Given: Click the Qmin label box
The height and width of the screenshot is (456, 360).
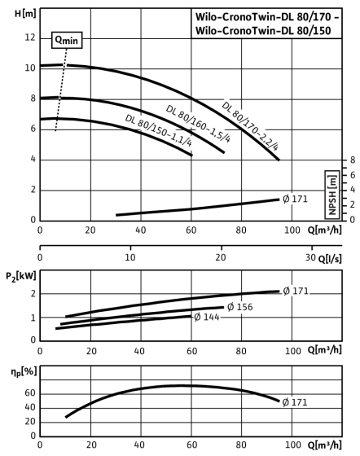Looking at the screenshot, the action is click(x=67, y=40).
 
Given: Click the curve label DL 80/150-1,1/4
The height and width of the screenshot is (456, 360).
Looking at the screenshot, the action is click(x=159, y=131).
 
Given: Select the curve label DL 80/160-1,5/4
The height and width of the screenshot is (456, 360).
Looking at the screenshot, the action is click(x=198, y=124).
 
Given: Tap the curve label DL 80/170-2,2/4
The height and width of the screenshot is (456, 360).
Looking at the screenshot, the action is click(x=250, y=126).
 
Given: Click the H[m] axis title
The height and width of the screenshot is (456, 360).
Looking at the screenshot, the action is click(x=25, y=14).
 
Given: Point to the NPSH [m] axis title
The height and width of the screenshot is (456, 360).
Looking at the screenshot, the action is click(x=332, y=195).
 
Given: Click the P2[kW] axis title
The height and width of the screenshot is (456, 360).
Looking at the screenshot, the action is click(x=21, y=276).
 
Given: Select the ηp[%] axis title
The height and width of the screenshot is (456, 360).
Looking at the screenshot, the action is click(x=24, y=372).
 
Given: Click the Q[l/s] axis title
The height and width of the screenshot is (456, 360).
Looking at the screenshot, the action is click(x=330, y=259).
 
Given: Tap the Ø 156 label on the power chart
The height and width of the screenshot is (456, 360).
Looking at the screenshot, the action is click(x=240, y=307).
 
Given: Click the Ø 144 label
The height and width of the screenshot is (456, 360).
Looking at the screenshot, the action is click(x=206, y=317).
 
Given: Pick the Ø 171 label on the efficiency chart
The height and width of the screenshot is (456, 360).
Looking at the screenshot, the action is click(x=295, y=402).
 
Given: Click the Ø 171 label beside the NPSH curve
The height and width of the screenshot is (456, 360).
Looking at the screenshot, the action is click(x=295, y=199).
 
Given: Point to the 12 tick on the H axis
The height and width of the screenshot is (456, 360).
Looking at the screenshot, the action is click(x=30, y=37).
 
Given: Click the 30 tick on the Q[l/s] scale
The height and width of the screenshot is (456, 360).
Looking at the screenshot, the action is click(x=310, y=257).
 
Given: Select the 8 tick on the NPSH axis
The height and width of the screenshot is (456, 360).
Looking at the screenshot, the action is click(x=353, y=160).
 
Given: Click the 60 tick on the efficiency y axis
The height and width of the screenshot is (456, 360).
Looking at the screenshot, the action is click(x=30, y=393).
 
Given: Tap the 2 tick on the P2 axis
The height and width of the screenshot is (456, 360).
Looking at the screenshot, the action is click(x=33, y=294).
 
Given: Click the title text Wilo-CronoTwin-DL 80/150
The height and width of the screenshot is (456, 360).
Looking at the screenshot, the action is click(x=263, y=31).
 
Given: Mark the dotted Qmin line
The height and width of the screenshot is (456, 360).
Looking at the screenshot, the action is click(x=61, y=90).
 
